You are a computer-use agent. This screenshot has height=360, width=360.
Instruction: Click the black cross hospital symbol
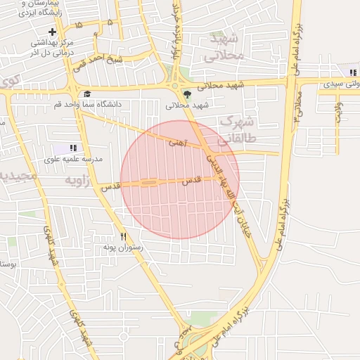(x=51, y=32)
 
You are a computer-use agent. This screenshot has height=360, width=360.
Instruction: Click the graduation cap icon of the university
(x=87, y=94)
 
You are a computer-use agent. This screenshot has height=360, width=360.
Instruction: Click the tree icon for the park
(x=186, y=94)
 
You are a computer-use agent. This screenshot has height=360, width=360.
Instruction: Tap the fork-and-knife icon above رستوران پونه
(x=124, y=237)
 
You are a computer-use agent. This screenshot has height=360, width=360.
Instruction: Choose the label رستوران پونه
(x=122, y=247)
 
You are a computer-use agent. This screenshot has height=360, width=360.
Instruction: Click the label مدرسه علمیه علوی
(x=73, y=160)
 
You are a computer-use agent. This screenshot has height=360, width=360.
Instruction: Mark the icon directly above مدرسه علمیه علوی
(x=73, y=148)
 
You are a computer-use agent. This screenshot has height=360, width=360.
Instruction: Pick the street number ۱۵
(x=77, y=25)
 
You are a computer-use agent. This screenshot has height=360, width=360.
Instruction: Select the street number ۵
(x=110, y=22)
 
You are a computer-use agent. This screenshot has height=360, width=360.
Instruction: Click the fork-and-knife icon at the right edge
(x=352, y=72)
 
